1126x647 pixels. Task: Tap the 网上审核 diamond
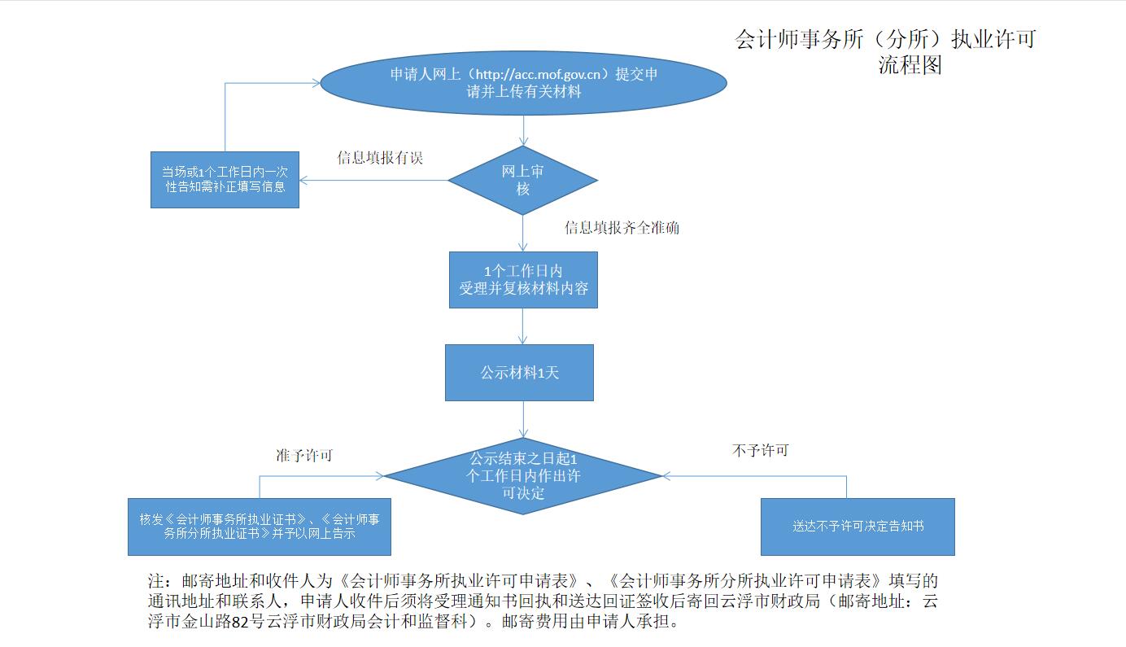pyautogui.click(x=522, y=180)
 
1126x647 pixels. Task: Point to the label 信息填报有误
pyautogui.click(x=380, y=158)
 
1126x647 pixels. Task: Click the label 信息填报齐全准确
pyautogui.click(x=622, y=228)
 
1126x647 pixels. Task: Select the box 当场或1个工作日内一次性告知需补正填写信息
pyautogui.click(x=225, y=179)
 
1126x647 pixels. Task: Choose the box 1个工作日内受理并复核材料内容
pyautogui.click(x=523, y=279)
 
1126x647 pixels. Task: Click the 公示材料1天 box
pyautogui.click(x=519, y=373)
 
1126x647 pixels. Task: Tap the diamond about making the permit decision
pyautogui.click(x=523, y=475)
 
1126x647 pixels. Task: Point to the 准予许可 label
pyautogui.click(x=304, y=456)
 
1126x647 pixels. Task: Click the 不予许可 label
pyautogui.click(x=760, y=450)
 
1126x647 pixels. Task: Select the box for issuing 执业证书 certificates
pyautogui.click(x=260, y=527)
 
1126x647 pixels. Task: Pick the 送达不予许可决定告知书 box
pyautogui.click(x=858, y=527)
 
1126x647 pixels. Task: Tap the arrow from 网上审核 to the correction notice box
pyautogui.click(x=374, y=180)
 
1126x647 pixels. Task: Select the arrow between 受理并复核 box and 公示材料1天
pyautogui.click(x=523, y=326)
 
